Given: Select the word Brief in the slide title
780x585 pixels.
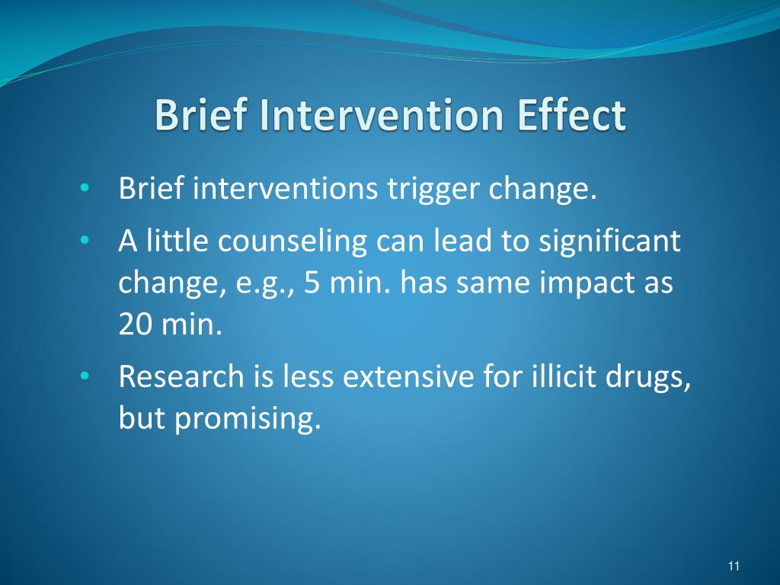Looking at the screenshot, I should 200,116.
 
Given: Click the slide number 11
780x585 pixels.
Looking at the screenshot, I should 734,565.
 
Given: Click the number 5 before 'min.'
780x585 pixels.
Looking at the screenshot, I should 312,283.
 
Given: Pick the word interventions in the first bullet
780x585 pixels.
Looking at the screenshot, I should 285,188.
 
